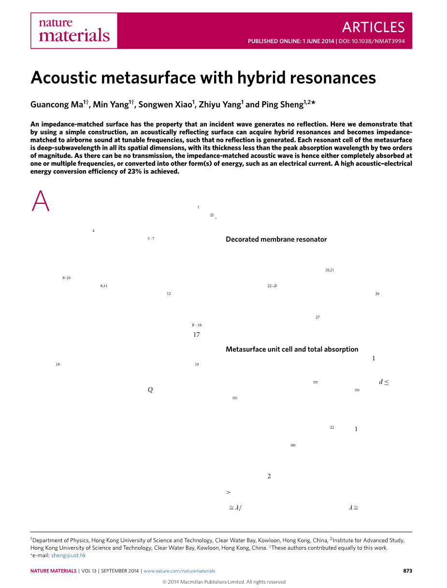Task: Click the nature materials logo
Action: [x=74, y=30]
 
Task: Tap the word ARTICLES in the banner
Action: [x=373, y=27]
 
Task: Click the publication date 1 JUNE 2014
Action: [x=318, y=42]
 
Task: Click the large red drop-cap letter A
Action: [x=41, y=201]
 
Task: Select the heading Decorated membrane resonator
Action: [x=276, y=239]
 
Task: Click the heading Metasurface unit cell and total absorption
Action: [x=292, y=349]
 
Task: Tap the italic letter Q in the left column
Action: [x=150, y=390]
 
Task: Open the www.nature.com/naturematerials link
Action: [x=179, y=571]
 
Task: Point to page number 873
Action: [x=407, y=571]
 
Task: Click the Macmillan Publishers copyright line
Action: [x=224, y=582]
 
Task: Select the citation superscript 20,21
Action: [x=330, y=270]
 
